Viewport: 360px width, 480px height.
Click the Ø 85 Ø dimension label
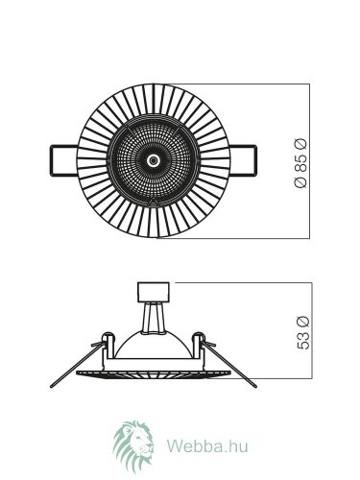(300, 162)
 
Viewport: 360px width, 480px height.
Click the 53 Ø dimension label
(303, 333)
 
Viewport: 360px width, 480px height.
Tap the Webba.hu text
(207, 445)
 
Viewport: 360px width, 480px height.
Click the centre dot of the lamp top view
(154, 160)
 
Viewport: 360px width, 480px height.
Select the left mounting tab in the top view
(63, 160)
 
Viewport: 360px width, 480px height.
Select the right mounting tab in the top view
(243, 160)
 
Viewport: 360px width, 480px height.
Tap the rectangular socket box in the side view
(154, 292)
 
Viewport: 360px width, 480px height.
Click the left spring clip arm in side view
(77, 365)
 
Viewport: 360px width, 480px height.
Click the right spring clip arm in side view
(229, 365)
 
